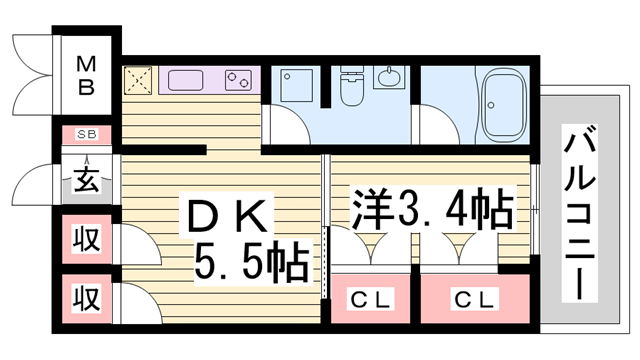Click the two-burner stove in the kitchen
coord(238,78)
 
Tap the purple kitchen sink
coord(185,77)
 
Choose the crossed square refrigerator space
coord(137,79)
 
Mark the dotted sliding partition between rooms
coord(327,260)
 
